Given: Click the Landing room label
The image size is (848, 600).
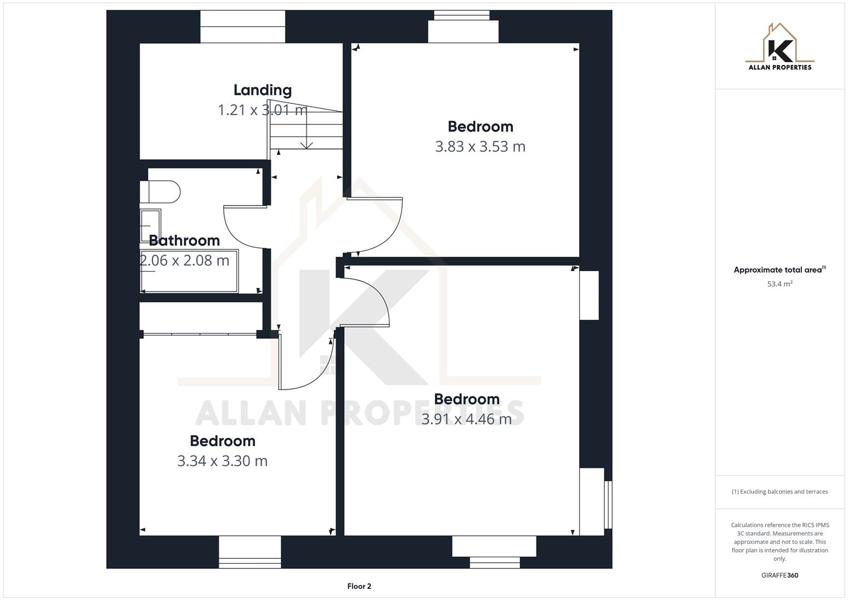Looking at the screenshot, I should (x=262, y=90).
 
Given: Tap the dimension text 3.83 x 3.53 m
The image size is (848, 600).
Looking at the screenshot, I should (x=480, y=147).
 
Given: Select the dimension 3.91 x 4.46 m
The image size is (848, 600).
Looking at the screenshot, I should (x=466, y=419).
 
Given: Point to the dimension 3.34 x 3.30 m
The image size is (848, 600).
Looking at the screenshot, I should (x=222, y=461).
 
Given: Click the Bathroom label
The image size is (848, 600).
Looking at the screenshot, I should (x=184, y=241).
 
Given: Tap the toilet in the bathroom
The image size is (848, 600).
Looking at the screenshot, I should (x=161, y=192).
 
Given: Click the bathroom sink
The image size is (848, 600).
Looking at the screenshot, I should (x=150, y=225).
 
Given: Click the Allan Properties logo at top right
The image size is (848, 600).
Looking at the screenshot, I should (x=780, y=47).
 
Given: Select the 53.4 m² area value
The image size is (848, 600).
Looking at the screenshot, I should (x=780, y=284).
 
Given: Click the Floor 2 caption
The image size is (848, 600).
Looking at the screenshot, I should (x=359, y=586).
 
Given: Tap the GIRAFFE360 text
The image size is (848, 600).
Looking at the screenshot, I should (x=780, y=576).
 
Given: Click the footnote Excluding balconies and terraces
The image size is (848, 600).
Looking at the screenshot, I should (x=780, y=492).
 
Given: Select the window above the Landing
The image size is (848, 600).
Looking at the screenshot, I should (x=243, y=27).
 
